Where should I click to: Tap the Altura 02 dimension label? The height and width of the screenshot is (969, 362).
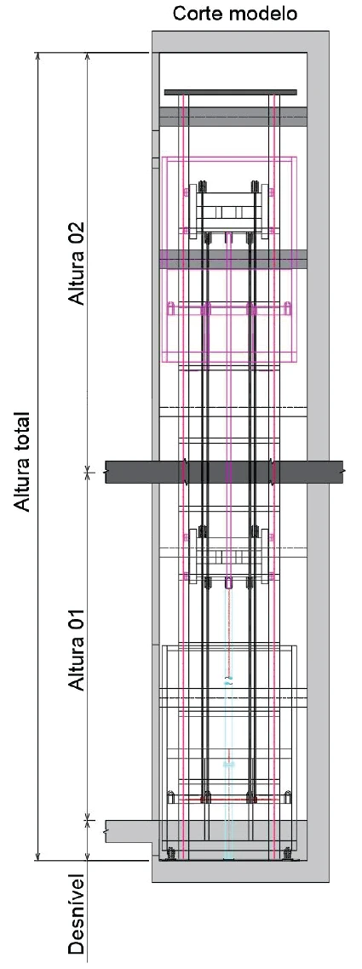[x=78, y=262]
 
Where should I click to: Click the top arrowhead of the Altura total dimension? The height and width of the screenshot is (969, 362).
[x=39, y=57]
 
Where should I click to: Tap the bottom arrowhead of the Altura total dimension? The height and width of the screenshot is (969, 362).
[x=39, y=855]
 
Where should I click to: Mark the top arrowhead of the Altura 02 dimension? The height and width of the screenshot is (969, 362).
[x=87, y=57]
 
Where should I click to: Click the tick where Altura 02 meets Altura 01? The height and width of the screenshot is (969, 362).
[x=87, y=472]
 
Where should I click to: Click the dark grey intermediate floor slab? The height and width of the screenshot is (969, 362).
[x=224, y=472]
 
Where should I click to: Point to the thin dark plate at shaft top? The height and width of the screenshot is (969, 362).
[x=231, y=92]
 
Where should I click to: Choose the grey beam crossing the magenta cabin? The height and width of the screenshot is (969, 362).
[x=233, y=259]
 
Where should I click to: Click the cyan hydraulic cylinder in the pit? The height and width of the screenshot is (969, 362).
[x=229, y=766]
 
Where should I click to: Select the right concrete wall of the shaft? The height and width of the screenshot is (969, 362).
[x=318, y=457]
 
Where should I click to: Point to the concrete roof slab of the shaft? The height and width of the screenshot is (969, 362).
[x=240, y=42]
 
